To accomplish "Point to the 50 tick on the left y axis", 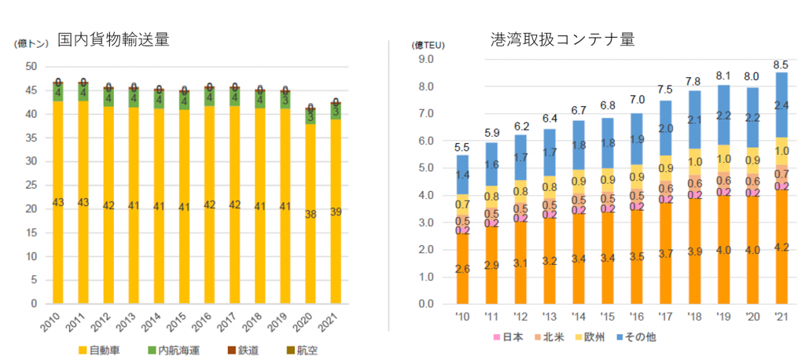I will [31, 67].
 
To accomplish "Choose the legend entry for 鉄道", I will [241, 350].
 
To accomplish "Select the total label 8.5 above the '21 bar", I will [781, 64].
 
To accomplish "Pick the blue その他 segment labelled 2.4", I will [781, 105].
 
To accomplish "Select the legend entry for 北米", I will [552, 337].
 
